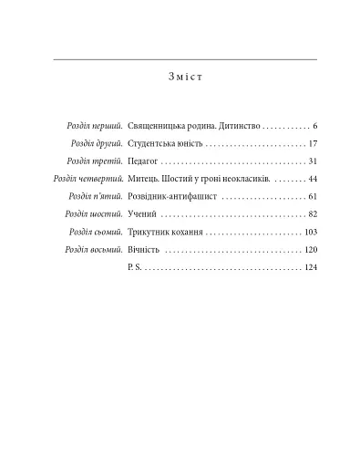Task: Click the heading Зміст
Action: [x=186, y=76]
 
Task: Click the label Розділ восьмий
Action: [x=94, y=250]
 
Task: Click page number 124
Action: [x=310, y=268]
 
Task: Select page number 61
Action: [x=312, y=197]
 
